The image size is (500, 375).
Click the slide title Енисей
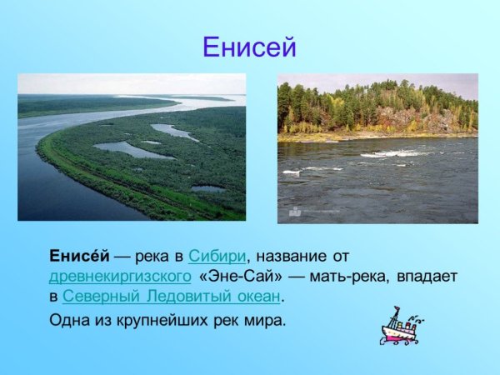click(249, 47)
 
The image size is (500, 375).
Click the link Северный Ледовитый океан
click(172, 296)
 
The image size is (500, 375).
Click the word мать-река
click(344, 276)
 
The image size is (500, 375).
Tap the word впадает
click(426, 276)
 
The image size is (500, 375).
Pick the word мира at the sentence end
click(266, 319)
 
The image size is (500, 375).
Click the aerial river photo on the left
click(132, 147)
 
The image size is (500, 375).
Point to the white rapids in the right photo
click(392, 154)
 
